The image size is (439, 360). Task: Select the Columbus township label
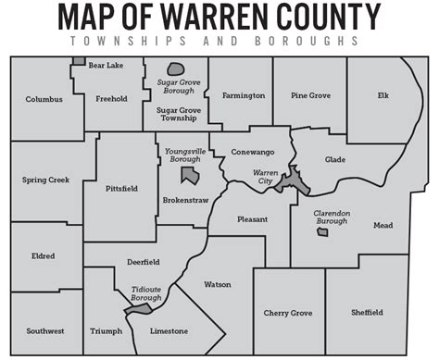[x=44, y=99]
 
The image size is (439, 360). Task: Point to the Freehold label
[x=111, y=99]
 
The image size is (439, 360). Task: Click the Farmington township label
[x=242, y=95]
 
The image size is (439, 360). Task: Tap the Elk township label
[x=383, y=94]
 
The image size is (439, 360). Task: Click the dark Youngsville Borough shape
[x=190, y=175]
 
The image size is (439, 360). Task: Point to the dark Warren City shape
[x=295, y=179]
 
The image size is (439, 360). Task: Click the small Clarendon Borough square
[x=322, y=231]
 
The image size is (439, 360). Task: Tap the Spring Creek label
[x=44, y=180]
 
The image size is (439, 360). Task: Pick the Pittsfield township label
[x=122, y=188]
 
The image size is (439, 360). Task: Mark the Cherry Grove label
[x=288, y=313]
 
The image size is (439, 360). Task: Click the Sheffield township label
[x=367, y=313]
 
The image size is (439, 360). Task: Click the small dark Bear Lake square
[x=80, y=61]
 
